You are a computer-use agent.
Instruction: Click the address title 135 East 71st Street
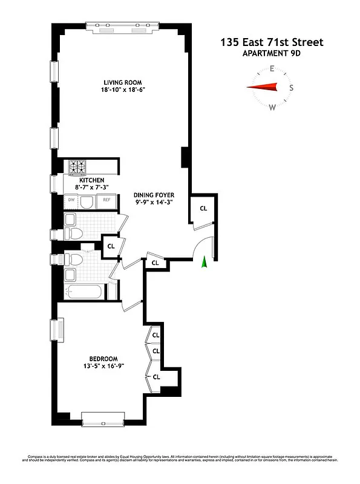click(x=272, y=42)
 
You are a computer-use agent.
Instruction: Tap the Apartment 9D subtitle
click(x=272, y=53)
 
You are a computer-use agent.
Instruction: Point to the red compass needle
click(x=262, y=88)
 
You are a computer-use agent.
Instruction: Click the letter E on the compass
click(x=272, y=68)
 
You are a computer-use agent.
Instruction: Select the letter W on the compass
click(x=272, y=108)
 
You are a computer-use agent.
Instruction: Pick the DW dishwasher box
click(x=71, y=200)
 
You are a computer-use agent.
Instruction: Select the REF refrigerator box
click(x=106, y=200)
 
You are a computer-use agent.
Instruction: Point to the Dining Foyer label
click(x=154, y=195)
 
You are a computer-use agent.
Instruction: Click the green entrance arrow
click(x=205, y=261)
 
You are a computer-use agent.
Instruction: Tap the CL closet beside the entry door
click(x=203, y=208)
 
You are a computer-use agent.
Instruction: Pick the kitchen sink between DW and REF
click(x=88, y=201)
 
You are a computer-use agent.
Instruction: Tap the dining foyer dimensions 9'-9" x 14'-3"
click(x=154, y=203)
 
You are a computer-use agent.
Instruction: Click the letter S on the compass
click(x=292, y=88)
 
